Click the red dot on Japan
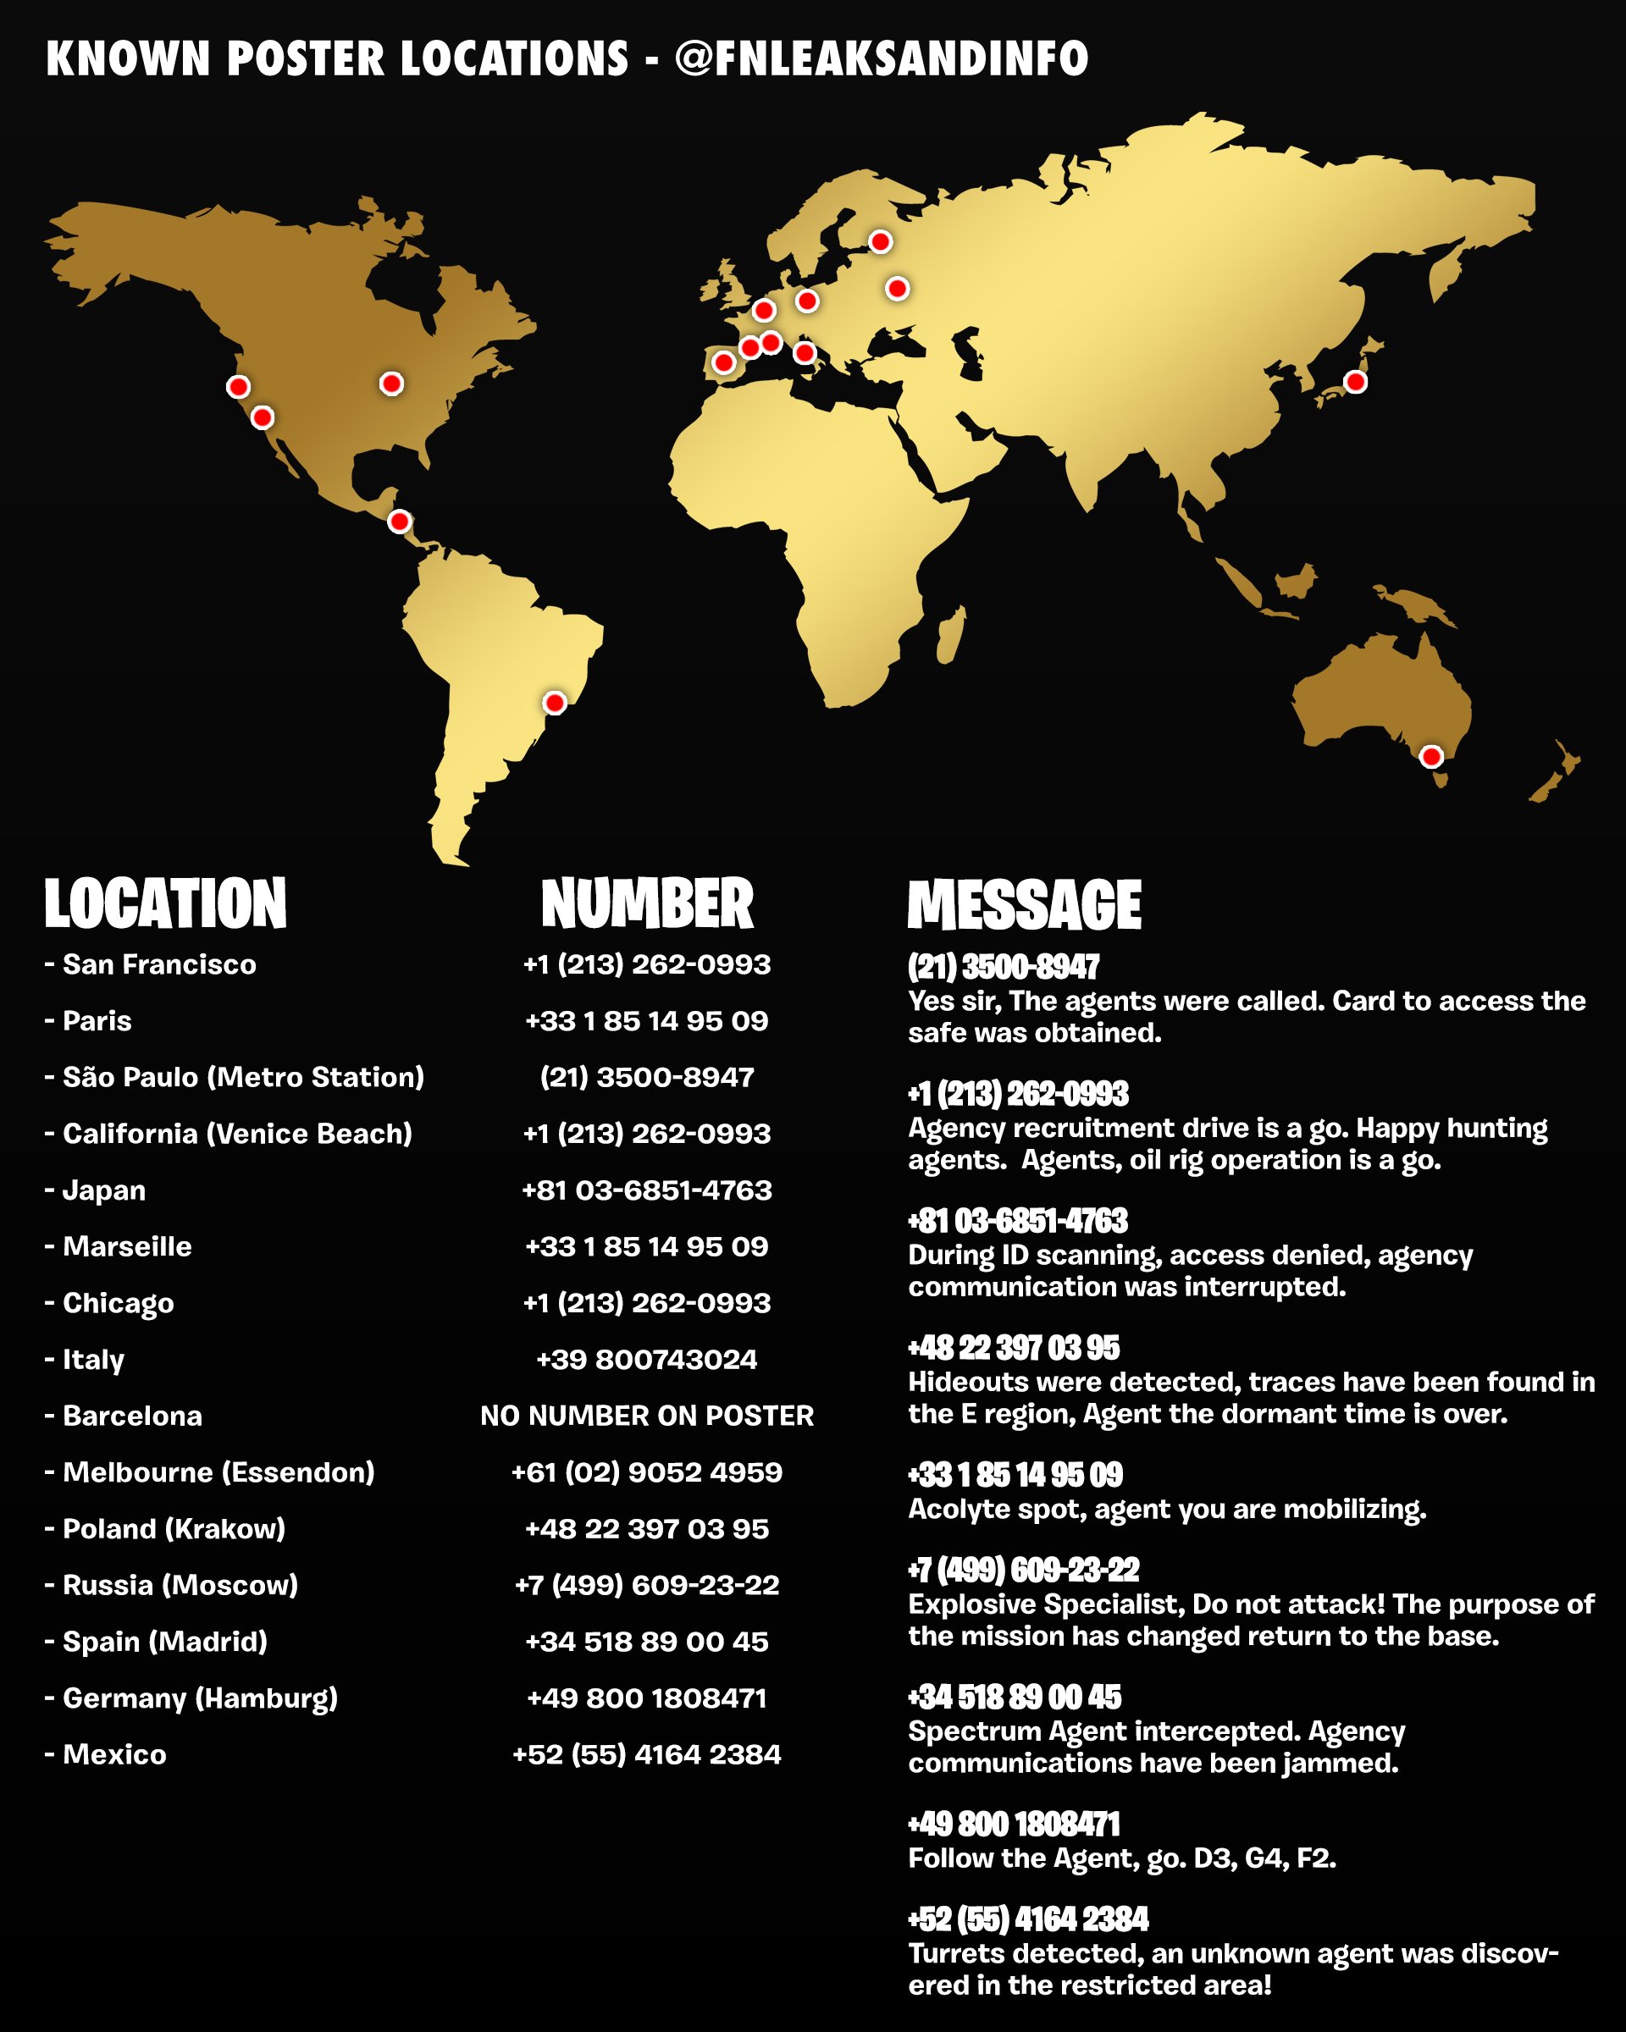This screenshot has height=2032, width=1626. (x=1354, y=382)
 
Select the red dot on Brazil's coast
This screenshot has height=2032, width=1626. (x=554, y=702)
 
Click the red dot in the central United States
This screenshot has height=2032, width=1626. (x=391, y=384)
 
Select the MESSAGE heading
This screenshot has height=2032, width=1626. (x=1024, y=905)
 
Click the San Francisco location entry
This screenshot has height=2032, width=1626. (x=158, y=964)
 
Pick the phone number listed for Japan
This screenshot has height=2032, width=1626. (x=647, y=1190)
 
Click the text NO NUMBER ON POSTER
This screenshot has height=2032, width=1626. (x=647, y=1416)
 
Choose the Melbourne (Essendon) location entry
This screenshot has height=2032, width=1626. (x=218, y=1472)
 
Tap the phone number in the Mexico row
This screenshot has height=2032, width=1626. (x=647, y=1754)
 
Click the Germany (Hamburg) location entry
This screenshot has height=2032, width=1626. (x=200, y=1698)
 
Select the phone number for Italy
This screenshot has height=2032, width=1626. (x=647, y=1359)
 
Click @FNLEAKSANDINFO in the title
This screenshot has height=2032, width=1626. (x=882, y=58)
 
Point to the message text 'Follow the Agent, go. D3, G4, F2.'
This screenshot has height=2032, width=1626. (x=1122, y=1858)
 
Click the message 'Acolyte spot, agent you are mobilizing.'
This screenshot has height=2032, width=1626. (x=1167, y=1509)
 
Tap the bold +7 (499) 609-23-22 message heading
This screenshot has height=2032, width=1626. (x=1023, y=1571)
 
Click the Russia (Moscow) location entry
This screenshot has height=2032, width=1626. (x=180, y=1585)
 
